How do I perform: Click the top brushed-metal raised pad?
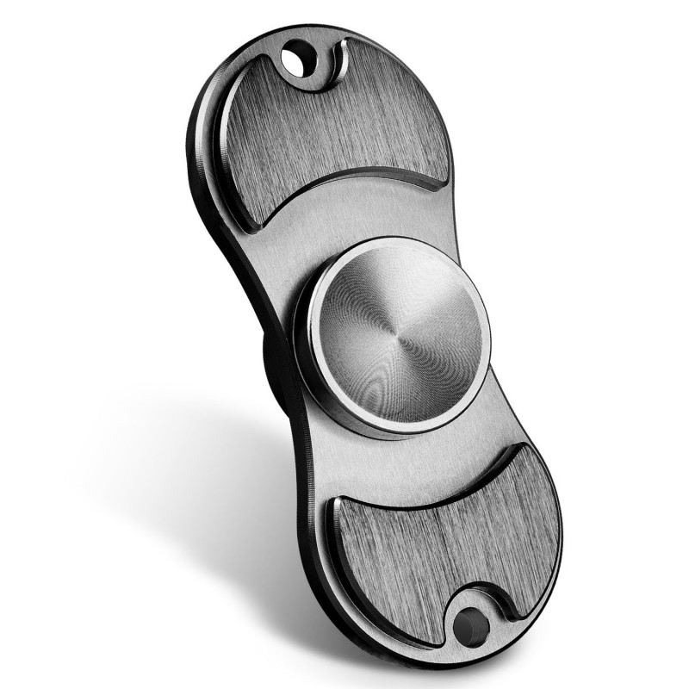click(x=336, y=129)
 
